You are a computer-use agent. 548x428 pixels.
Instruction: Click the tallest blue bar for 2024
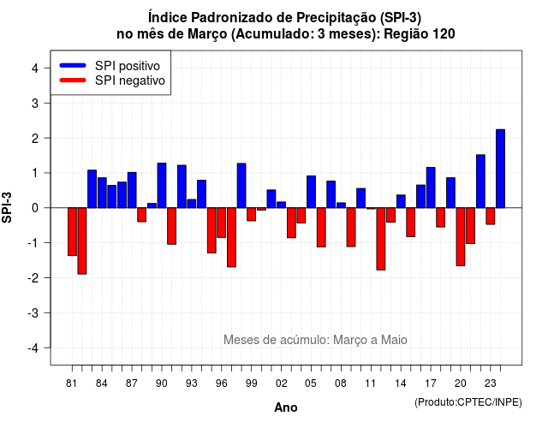(x=500, y=169)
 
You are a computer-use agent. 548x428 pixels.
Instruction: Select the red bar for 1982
(x=82, y=241)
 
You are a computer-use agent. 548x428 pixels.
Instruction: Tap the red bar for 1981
(x=72, y=232)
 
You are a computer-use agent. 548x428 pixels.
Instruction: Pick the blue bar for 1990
(x=162, y=186)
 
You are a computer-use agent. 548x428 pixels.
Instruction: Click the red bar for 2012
(x=381, y=239)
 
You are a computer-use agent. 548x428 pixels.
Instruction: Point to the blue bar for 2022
(x=480, y=181)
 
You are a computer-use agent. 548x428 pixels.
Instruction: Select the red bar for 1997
(x=231, y=238)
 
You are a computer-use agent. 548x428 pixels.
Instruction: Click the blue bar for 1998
(x=241, y=186)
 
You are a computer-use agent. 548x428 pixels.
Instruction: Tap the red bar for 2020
(x=461, y=237)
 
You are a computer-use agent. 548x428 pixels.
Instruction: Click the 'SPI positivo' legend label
(x=128, y=66)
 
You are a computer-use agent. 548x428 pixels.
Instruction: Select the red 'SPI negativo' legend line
(x=73, y=80)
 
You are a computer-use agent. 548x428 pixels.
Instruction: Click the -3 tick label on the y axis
(x=33, y=313)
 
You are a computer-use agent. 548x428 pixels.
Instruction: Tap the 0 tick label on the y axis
(x=34, y=208)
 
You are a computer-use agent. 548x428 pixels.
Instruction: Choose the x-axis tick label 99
(x=251, y=383)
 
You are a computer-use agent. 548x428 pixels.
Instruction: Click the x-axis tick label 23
(x=491, y=383)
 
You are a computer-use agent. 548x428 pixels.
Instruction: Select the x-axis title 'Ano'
(x=286, y=407)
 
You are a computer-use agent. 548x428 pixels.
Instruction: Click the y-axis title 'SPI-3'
(x=7, y=207)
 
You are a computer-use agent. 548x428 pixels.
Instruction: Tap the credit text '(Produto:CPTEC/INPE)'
(x=468, y=402)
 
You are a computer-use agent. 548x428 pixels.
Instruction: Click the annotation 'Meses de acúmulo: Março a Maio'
(x=315, y=340)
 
